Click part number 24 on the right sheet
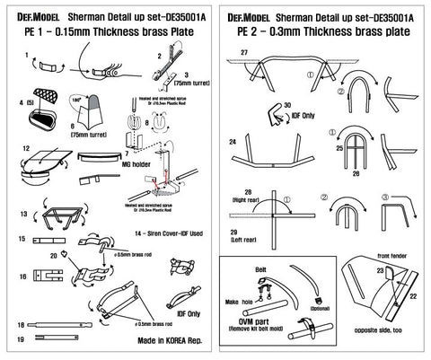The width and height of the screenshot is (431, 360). click(x=233, y=142)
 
